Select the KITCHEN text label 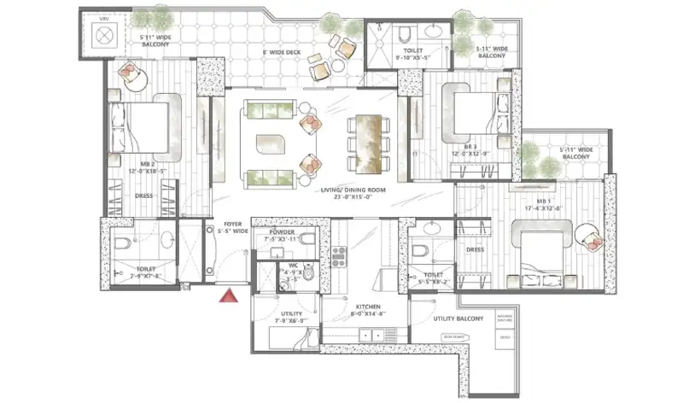tap(368, 309)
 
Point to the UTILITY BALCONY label tap(458, 319)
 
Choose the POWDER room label tap(282, 232)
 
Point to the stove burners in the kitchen tap(338, 254)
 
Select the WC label tap(293, 266)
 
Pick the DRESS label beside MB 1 tap(476, 249)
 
